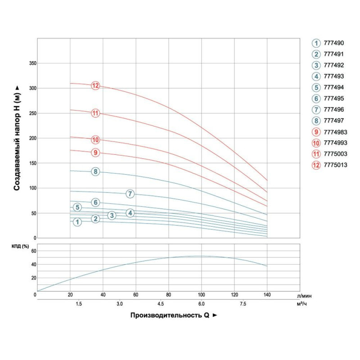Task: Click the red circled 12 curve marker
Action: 95,85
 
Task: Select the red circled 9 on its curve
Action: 95,153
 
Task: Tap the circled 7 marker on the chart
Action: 130,194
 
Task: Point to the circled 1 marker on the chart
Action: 77,222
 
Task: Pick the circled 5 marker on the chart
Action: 77,207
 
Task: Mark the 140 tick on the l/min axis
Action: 267,295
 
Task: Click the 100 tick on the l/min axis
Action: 201,295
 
